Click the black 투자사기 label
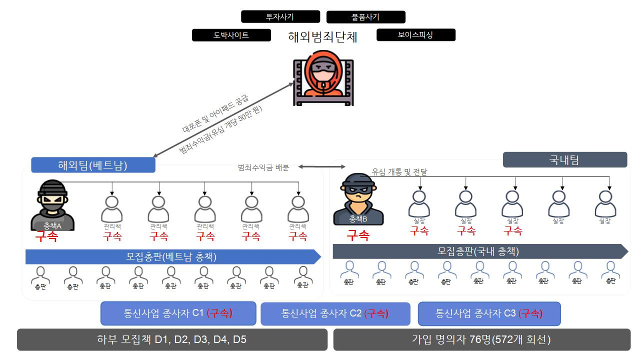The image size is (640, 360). tap(280, 16)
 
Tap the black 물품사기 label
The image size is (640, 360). tap(365, 17)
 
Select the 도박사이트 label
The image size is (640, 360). tap(231, 35)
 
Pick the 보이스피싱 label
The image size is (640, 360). tap(415, 35)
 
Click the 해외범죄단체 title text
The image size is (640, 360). tap(323, 37)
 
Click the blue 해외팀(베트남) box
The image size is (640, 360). tap(93, 165)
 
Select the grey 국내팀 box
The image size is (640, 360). tap(564, 160)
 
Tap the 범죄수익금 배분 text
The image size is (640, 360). tap(263, 167)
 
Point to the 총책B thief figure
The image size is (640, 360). tap(358, 199)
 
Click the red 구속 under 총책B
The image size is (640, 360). tap(358, 235)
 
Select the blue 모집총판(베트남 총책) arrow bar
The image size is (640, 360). tap(172, 256)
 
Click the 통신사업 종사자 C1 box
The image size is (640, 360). tap(178, 313)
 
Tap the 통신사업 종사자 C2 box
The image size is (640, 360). tap(335, 314)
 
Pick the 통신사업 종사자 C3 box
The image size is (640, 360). tap(489, 314)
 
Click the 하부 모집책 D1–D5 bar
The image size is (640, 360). tap(172, 339)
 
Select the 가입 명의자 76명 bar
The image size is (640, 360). tap(481, 339)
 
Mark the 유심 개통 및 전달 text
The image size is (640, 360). tap(399, 171)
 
